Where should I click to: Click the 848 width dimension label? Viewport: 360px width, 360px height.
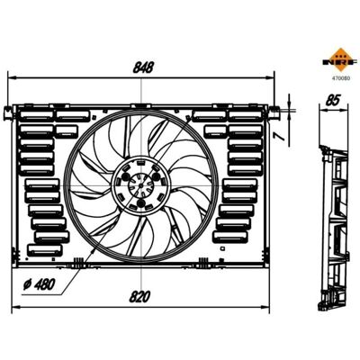[x=143, y=67]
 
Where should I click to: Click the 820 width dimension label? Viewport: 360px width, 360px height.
[x=139, y=297]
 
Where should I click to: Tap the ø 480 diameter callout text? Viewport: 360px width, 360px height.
[x=40, y=284]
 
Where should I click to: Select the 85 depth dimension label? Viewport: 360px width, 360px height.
[x=333, y=100]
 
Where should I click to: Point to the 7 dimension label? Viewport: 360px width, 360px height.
[x=280, y=136]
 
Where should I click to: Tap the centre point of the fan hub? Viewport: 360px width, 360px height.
[x=140, y=186]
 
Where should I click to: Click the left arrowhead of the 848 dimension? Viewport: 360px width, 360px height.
[x=12, y=78]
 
